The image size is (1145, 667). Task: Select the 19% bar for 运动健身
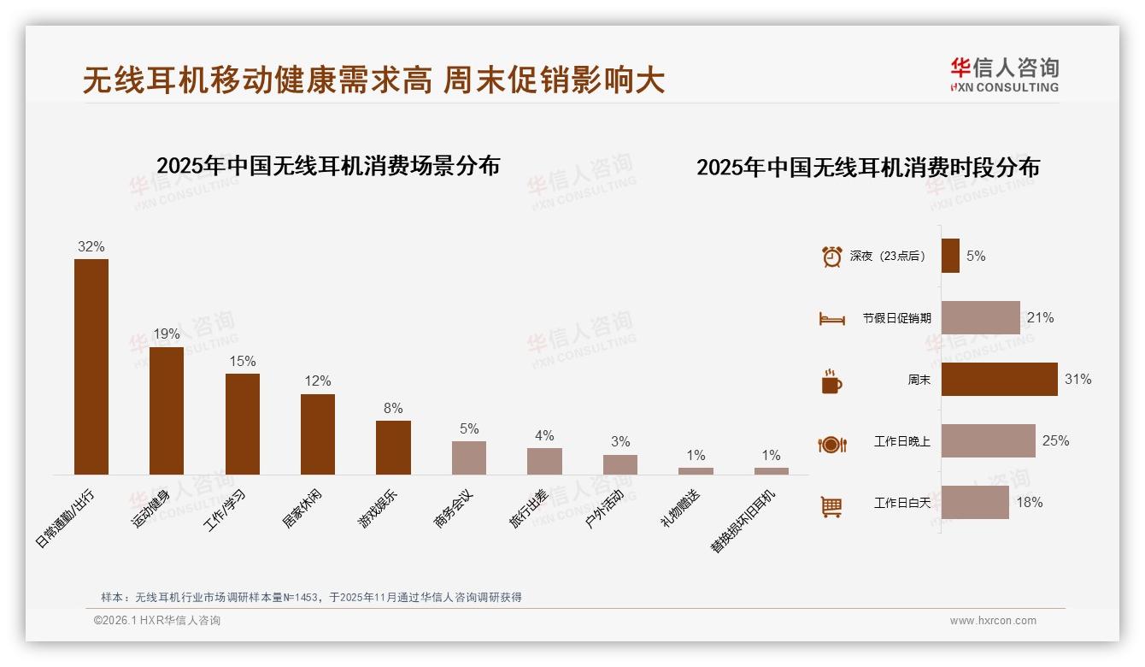[x=167, y=410]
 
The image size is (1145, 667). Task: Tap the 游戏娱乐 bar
[x=393, y=447]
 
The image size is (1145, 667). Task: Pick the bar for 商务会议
[x=468, y=457]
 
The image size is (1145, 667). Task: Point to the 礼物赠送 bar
[x=696, y=471]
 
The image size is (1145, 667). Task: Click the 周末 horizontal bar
[x=999, y=379]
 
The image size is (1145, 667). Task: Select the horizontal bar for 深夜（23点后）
[x=950, y=256]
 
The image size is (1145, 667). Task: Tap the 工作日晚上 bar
[x=988, y=440]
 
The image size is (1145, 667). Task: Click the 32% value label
[x=91, y=246]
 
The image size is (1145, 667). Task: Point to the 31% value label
[x=1077, y=379]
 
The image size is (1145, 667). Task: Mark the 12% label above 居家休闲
[x=318, y=381]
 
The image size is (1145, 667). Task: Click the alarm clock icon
[x=831, y=257]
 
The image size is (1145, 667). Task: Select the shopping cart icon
[x=831, y=506]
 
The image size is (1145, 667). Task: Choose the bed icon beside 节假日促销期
[x=831, y=319]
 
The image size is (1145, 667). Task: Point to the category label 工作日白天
[x=901, y=503]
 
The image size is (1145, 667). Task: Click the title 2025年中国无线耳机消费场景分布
[x=328, y=166]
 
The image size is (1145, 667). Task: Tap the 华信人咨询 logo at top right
[x=1004, y=74]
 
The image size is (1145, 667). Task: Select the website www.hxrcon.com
[x=993, y=621]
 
